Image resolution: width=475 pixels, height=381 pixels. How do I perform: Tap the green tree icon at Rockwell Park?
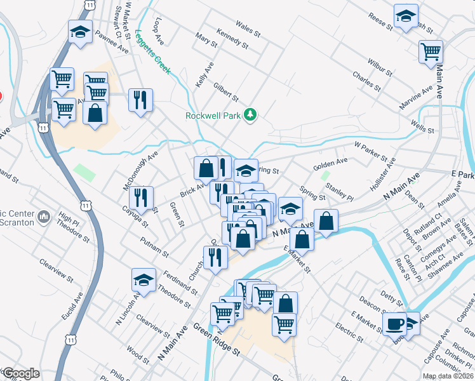coord(251,114)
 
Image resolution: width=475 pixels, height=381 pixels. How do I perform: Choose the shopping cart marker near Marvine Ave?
coord(431,51)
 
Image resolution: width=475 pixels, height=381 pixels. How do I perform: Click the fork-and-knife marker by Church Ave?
coord(215,257)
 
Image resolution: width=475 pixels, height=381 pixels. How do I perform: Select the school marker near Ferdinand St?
coord(144,279)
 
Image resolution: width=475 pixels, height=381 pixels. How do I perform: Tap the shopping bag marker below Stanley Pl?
coord(326,221)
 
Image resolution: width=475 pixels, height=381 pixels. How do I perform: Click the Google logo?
coord(21,373)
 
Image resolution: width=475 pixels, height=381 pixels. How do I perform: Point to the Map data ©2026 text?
coord(448,376)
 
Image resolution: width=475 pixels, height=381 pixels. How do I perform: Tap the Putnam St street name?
coord(155,246)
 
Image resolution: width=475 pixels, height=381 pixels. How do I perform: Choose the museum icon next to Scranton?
coord(44,217)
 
